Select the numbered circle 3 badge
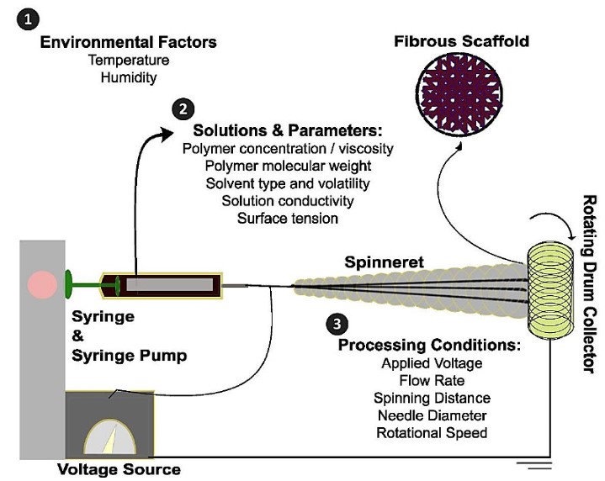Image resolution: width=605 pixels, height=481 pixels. [333, 322]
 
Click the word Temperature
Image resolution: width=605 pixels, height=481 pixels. [128, 61]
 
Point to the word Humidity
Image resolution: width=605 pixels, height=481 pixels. [128, 77]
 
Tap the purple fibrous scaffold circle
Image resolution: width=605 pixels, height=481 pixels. [460, 100]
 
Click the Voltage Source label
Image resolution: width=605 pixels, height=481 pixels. [119, 468]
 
